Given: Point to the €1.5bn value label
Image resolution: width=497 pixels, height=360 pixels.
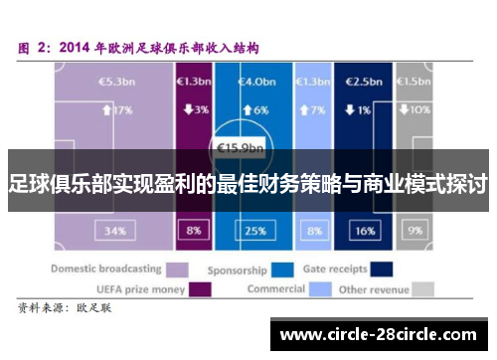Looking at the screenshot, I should [x=415, y=81].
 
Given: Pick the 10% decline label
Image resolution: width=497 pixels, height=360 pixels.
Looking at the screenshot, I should [x=415, y=109].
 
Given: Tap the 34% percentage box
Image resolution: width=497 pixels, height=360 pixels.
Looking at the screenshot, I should [x=115, y=231].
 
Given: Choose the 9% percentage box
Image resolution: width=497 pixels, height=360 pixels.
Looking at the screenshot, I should [x=415, y=231].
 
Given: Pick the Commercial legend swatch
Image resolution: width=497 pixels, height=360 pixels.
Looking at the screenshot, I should [x=319, y=289].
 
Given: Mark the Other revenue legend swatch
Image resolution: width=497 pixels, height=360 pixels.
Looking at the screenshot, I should [x=424, y=289].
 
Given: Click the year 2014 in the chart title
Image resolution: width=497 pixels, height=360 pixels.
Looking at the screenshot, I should [x=79, y=46].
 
